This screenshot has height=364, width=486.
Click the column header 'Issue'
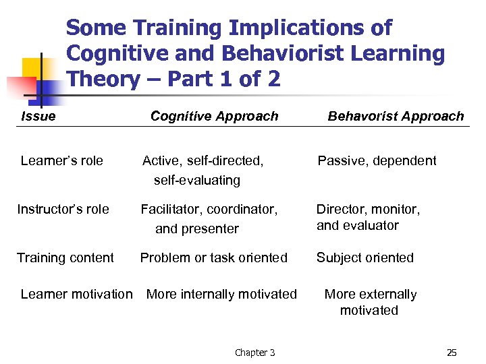pyautogui.click(x=38, y=116)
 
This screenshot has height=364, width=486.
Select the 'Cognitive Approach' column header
pyautogui.click(x=214, y=116)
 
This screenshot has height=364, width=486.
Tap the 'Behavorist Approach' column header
pyautogui.click(x=396, y=116)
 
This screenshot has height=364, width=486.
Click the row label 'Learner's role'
pyautogui.click(x=62, y=160)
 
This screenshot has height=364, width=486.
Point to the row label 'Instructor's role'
pyautogui.click(x=63, y=209)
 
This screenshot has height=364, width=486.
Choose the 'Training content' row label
pyautogui.click(x=65, y=257)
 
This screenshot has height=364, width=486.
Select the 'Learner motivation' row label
pyautogui.click(x=77, y=294)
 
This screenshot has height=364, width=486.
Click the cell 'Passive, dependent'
pyautogui.click(x=377, y=160)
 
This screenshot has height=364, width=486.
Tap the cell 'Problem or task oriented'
pyautogui.click(x=213, y=257)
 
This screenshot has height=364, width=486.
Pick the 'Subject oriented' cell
pyautogui.click(x=365, y=257)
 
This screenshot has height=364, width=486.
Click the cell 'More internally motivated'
pyautogui.click(x=221, y=294)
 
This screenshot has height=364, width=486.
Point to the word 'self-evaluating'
pyautogui.click(x=197, y=180)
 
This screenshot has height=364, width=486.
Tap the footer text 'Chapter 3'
pyautogui.click(x=254, y=353)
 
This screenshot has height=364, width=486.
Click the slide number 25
pyautogui.click(x=452, y=353)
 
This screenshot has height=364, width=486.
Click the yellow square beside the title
pyautogui.click(x=34, y=68)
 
